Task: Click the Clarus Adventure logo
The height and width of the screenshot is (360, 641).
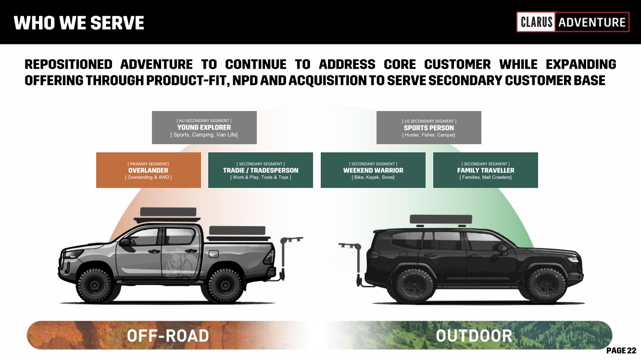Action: [573, 22]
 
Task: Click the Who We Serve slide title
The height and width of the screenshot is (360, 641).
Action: [79, 23]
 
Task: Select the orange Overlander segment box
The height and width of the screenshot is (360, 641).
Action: [148, 170]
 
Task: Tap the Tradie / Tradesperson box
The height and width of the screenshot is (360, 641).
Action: [260, 170]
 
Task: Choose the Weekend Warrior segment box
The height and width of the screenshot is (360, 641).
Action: [373, 170]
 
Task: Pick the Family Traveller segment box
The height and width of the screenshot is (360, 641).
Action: [485, 170]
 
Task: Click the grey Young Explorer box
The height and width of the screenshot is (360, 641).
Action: [204, 127]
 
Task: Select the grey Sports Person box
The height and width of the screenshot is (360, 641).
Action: [428, 128]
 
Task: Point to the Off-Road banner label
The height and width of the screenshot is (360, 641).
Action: [168, 335]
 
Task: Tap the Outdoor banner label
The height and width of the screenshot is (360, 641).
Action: [474, 335]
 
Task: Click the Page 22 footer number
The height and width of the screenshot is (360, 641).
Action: [621, 351]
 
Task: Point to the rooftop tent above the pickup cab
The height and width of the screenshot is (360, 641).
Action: [168, 213]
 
